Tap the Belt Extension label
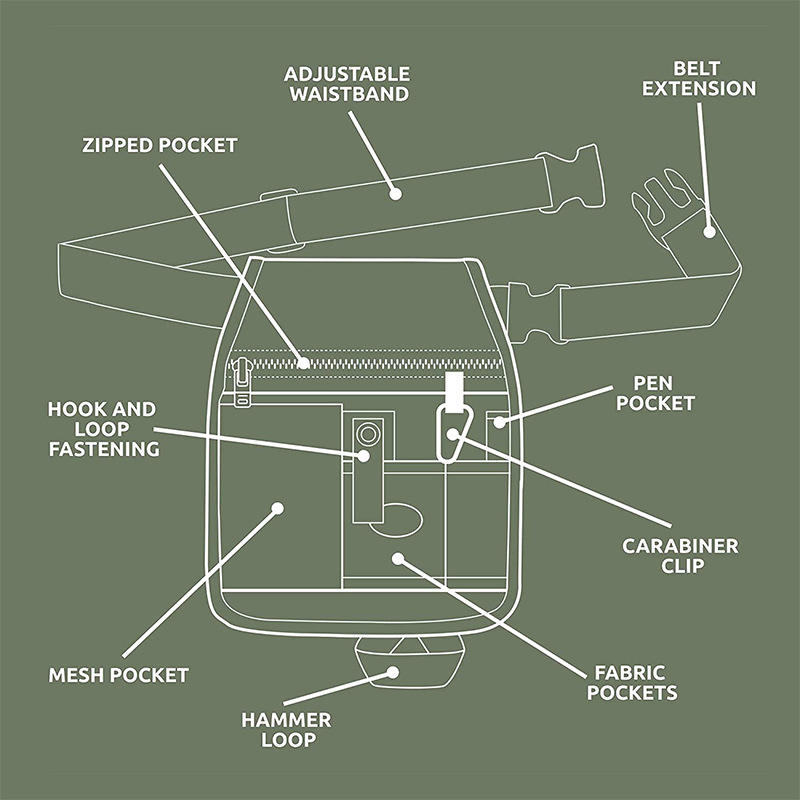pos(699,78)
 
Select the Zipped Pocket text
pos(160,145)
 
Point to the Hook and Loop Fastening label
pos(104,429)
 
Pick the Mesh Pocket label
pos(119,675)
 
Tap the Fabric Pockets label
pos(632,682)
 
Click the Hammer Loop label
pos(286,730)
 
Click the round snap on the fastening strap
pos(368,434)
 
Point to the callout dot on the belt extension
pos(709,230)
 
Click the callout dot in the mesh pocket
pos(278,509)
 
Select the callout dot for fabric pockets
pos(397,558)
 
